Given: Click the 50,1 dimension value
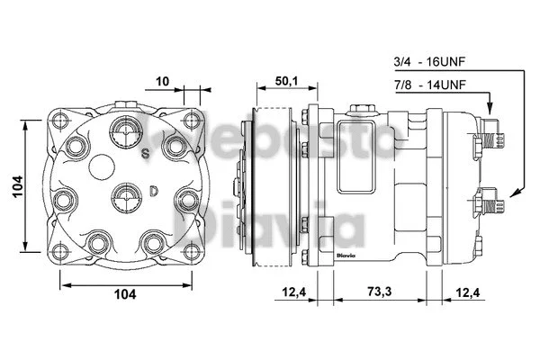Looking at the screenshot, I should click(x=286, y=81).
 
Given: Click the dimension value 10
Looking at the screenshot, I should click(x=162, y=81).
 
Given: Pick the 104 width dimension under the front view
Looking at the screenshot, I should click(x=125, y=293).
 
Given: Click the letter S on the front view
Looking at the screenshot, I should click(x=144, y=154).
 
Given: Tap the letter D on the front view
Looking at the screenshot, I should click(x=154, y=191).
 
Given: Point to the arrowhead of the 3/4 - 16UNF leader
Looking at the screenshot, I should click(x=511, y=193).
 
